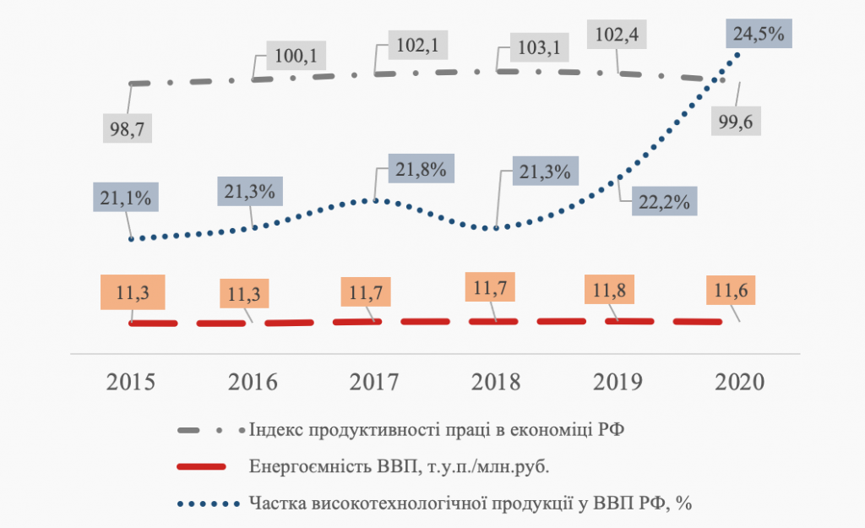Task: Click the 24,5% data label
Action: pyautogui.click(x=759, y=35)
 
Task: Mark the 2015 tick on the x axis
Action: pyautogui.click(x=131, y=381)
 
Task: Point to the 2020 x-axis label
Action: pyautogui.click(x=739, y=381)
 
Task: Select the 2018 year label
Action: pyautogui.click(x=497, y=381)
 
